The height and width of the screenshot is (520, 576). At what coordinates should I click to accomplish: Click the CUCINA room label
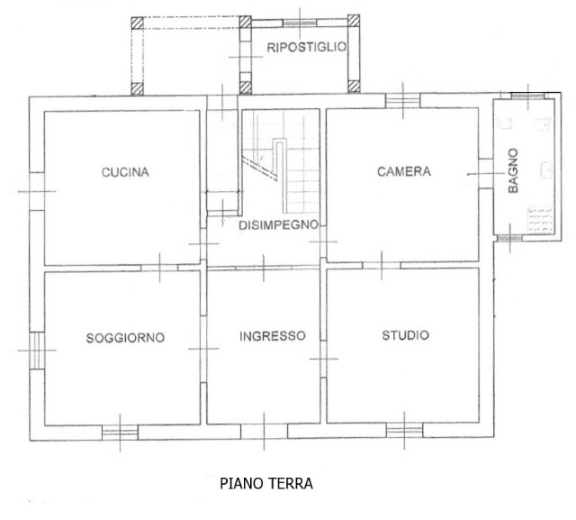point(125,172)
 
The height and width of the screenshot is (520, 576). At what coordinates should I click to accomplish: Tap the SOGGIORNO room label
point(125,338)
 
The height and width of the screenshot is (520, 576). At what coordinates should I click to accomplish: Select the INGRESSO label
point(272,336)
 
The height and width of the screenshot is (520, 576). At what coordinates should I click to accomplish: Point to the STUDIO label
point(405,335)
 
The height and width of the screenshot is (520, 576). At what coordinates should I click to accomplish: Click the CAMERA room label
point(404,171)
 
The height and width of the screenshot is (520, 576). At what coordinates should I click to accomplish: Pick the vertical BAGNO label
point(513,170)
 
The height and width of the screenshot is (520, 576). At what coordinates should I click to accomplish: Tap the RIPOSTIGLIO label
point(306,47)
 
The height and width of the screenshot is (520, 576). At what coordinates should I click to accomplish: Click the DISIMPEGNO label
point(278,224)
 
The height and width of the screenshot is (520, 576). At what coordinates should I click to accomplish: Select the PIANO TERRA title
point(266,483)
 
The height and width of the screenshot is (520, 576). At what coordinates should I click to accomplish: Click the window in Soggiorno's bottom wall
point(120,433)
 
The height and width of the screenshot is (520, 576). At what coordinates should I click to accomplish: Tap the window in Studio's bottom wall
point(404,430)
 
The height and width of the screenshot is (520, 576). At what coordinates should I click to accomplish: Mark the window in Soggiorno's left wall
point(37,351)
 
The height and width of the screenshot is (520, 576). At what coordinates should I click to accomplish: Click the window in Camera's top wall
point(402,100)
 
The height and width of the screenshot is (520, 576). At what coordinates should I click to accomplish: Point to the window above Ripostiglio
point(300,23)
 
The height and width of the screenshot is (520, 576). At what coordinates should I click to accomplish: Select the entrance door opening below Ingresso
point(264,431)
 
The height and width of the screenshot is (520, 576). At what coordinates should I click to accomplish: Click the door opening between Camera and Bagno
point(486,174)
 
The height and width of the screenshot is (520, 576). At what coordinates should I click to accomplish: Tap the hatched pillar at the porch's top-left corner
point(137,23)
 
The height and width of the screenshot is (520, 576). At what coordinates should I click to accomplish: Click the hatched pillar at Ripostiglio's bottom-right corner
point(354,87)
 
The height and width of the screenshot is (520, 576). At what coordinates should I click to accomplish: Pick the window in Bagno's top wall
point(528,96)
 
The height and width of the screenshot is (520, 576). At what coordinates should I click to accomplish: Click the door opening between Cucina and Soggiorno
point(159,268)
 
